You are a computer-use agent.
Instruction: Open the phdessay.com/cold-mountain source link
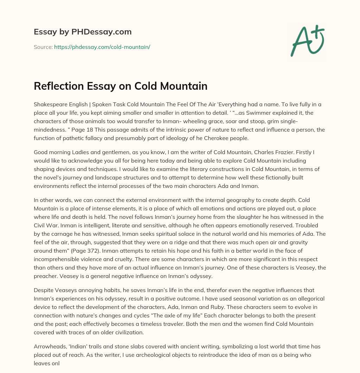[x=102, y=47]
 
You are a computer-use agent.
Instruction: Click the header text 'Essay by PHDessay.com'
[x=83, y=32]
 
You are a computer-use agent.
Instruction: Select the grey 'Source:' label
[x=43, y=47]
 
